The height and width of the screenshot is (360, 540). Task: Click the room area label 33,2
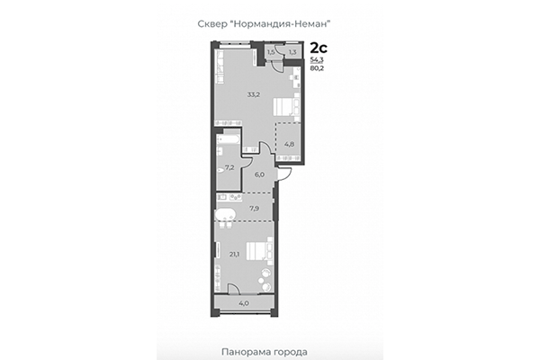point(255,94)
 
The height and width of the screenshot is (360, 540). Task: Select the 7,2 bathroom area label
point(229,167)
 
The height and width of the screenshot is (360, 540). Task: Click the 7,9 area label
point(256,209)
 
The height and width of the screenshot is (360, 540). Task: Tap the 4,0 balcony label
point(243,303)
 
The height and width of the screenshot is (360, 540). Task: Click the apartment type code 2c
point(319,47)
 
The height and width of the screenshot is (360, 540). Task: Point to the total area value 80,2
point(318,67)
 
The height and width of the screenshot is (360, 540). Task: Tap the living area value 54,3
point(318,58)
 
